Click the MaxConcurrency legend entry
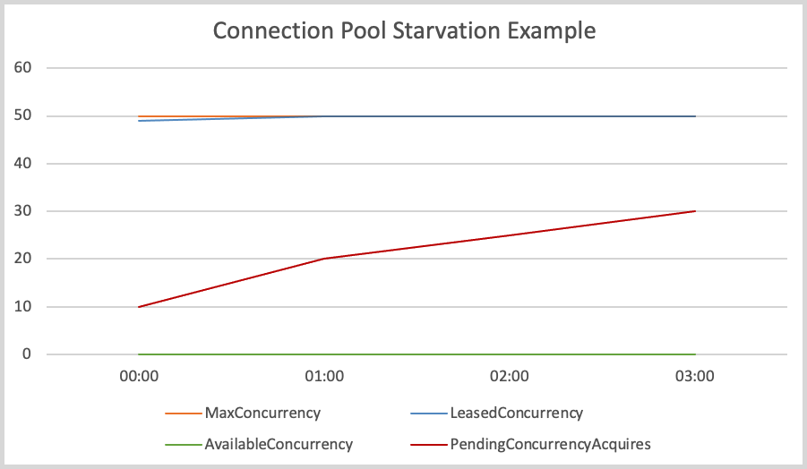coord(262,414)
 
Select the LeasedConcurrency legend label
coord(516,414)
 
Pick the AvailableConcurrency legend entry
coord(279,444)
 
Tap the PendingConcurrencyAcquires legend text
coord(550,444)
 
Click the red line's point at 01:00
coord(324,259)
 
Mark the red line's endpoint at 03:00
coord(695,211)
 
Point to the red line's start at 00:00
coord(139,307)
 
